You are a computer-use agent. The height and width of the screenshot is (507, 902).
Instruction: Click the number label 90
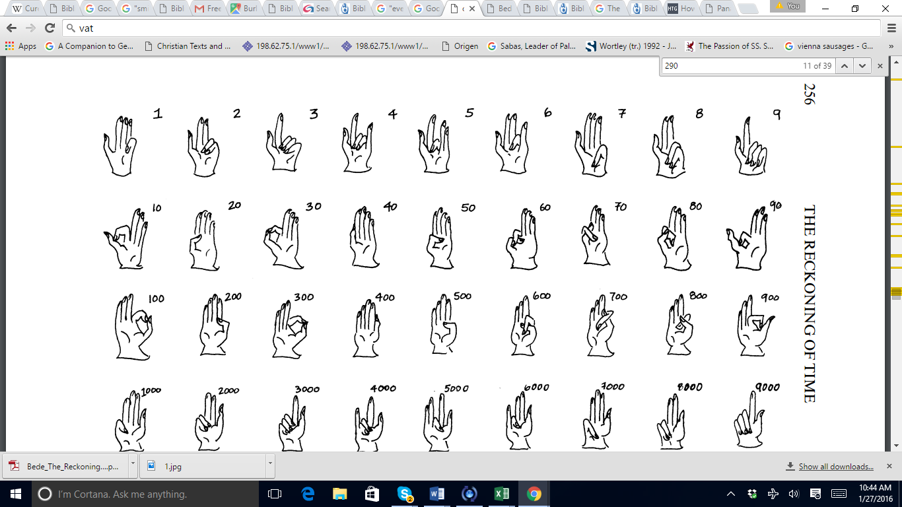click(775, 205)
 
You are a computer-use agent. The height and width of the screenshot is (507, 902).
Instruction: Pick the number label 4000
click(383, 388)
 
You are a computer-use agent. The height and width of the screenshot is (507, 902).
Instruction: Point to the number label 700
click(618, 296)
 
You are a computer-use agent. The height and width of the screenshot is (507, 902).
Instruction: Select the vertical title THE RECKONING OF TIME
click(810, 304)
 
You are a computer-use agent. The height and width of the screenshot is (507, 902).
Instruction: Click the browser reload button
click(50, 28)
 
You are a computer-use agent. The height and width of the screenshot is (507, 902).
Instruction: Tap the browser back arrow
click(11, 28)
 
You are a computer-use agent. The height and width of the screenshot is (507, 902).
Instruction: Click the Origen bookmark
click(460, 46)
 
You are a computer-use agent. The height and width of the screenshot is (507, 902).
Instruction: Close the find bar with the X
click(880, 65)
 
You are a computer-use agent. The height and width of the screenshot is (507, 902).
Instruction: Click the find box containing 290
click(726, 65)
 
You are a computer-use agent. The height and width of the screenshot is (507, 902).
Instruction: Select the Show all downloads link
click(835, 467)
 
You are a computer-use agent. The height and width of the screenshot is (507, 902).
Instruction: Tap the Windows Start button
click(15, 494)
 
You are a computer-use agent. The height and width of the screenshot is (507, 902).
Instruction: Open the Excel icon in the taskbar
click(502, 494)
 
